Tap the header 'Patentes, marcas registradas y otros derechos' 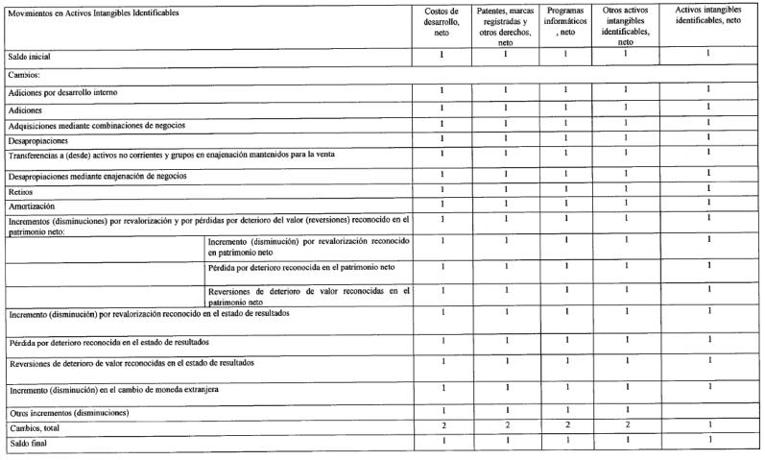click(505, 26)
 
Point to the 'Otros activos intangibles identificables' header click(625, 26)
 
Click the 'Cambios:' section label click(24, 73)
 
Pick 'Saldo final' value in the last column click(708, 441)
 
